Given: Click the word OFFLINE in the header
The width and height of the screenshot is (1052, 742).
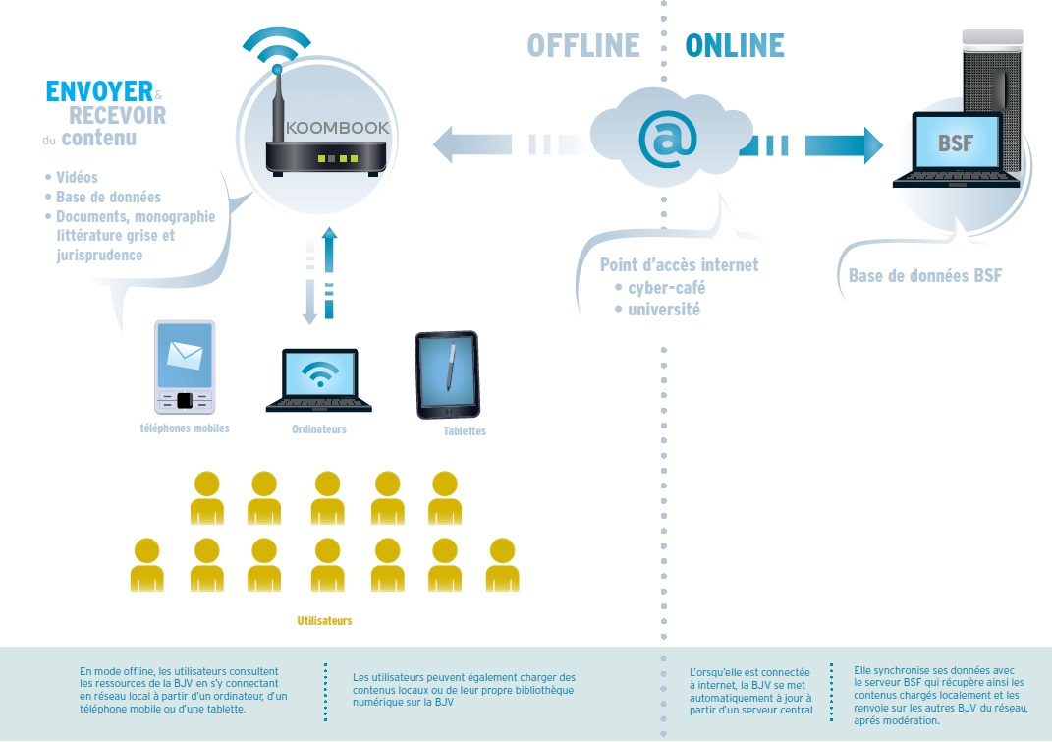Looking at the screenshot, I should [x=583, y=45].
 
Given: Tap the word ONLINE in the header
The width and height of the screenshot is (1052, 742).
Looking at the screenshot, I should [x=735, y=45].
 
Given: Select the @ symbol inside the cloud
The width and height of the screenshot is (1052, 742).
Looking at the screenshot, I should [x=668, y=139].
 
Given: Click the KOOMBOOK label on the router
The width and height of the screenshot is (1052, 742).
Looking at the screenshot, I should [x=323, y=128].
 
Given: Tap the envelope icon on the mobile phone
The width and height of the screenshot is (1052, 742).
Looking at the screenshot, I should [x=185, y=355].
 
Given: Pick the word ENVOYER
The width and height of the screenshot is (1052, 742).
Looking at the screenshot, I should [x=99, y=92].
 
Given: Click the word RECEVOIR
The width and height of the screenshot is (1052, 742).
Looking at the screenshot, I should [x=117, y=116].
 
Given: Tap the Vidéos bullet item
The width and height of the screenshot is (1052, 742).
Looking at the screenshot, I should [x=77, y=177].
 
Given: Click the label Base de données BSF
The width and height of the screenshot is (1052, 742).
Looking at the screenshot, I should [x=925, y=275].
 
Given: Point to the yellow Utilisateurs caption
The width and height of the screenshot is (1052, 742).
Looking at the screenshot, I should [x=324, y=621].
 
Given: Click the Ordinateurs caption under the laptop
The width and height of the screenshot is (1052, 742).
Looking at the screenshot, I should [x=319, y=429].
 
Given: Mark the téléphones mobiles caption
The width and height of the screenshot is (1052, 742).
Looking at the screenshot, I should [x=184, y=428].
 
